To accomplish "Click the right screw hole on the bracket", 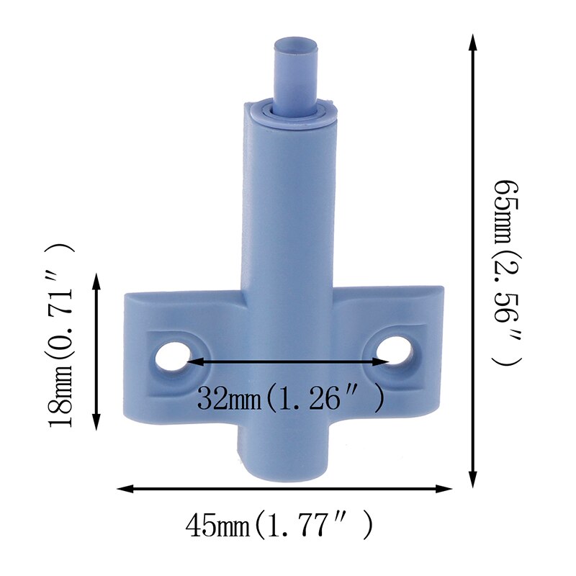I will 395,352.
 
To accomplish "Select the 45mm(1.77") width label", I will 280,526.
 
